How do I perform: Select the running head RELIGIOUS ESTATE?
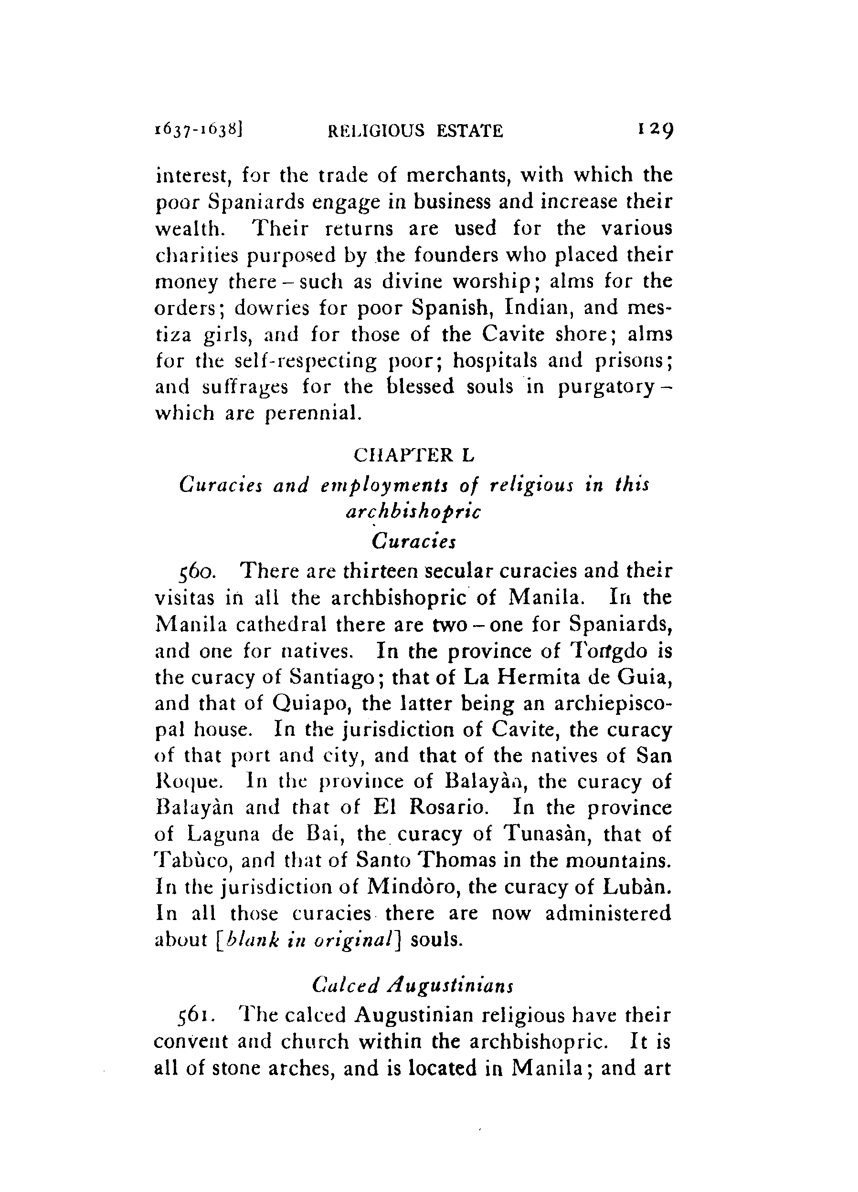click(415, 130)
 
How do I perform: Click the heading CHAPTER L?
click(414, 455)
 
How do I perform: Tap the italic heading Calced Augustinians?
click(413, 984)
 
